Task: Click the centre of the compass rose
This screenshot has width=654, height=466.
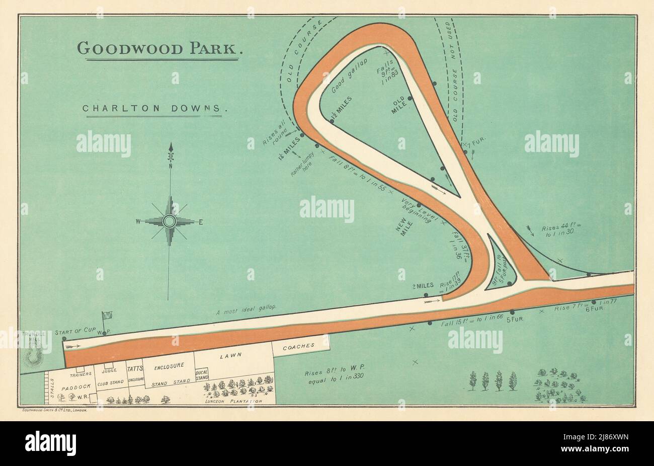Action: pos(170,221)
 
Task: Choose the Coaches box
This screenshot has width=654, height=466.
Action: pos(301,346)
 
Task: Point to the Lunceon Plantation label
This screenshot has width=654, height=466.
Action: pos(234,401)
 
